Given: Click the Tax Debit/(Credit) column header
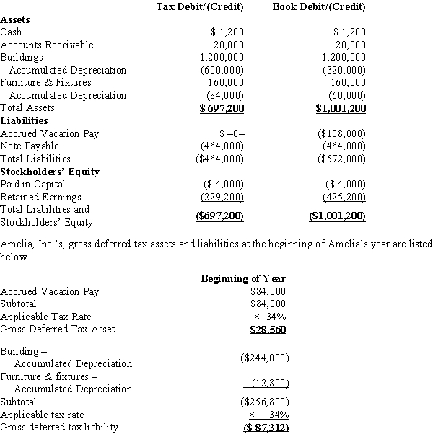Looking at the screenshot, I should [x=200, y=7].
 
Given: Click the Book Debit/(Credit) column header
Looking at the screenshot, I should [x=319, y=7].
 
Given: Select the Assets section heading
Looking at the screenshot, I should [x=15, y=19].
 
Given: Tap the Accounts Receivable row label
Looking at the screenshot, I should [x=47, y=45].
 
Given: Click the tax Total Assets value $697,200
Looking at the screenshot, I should [x=222, y=108].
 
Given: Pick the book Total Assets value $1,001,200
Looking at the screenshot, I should [x=341, y=108].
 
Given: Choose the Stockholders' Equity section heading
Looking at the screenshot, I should [x=50, y=172].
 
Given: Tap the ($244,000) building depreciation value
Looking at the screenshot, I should [x=265, y=357].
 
